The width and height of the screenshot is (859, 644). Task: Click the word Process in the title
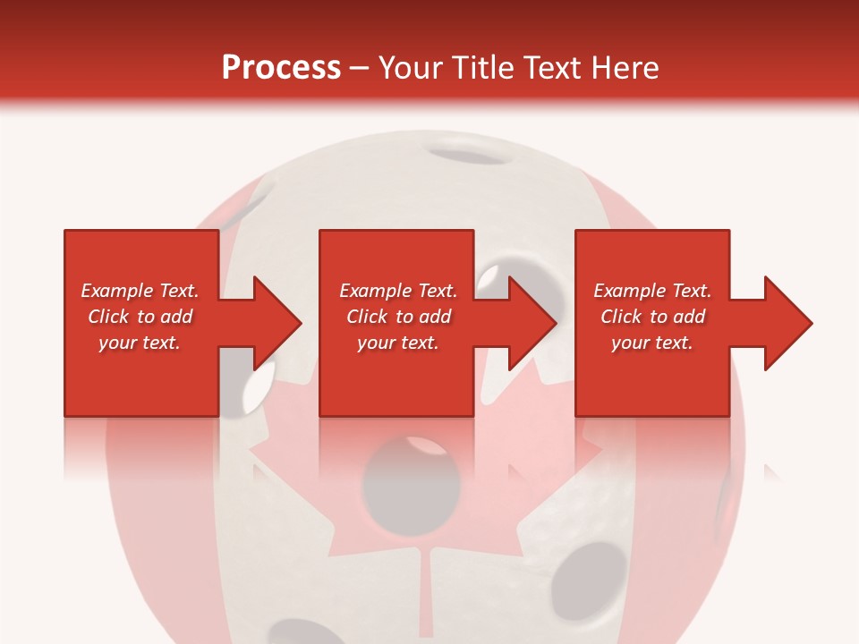pyautogui.click(x=281, y=68)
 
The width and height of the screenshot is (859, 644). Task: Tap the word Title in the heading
pyautogui.click(x=482, y=68)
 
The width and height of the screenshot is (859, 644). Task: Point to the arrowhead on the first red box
pyautogui.click(x=268, y=323)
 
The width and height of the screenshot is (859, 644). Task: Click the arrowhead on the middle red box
pyautogui.click(x=524, y=323)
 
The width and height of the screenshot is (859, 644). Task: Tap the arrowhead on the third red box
pyautogui.click(x=780, y=323)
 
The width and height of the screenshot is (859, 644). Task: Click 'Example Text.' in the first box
pyautogui.click(x=140, y=291)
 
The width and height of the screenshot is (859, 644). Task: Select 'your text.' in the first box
pyautogui.click(x=140, y=343)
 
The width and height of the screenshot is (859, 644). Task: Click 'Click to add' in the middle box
pyautogui.click(x=398, y=317)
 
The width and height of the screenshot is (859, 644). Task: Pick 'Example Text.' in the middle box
pyautogui.click(x=398, y=291)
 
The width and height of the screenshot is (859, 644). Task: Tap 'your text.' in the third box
pyautogui.click(x=652, y=343)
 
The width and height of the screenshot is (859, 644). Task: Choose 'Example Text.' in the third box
pyautogui.click(x=652, y=291)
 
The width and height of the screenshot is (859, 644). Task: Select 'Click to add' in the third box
pyautogui.click(x=652, y=317)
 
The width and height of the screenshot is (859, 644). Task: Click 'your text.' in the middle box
pyautogui.click(x=398, y=343)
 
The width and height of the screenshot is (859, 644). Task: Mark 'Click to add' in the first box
pyautogui.click(x=140, y=317)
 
